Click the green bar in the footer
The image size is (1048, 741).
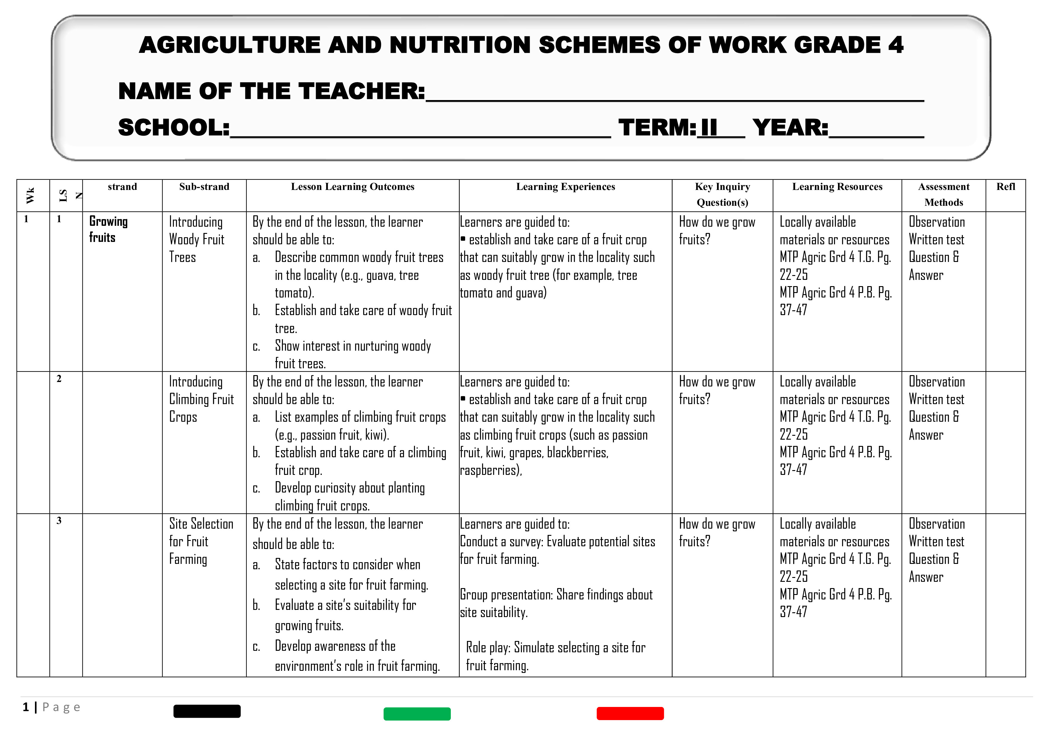point(417,714)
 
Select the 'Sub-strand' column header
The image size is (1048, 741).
point(204,187)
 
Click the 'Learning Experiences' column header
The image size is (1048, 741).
point(565,187)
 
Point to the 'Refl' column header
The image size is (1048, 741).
point(1006,187)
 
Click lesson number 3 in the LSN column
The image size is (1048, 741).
point(59,521)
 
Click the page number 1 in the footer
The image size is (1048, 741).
point(26,707)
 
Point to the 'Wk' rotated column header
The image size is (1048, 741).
point(30,195)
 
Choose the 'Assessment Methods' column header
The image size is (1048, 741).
point(943,194)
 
